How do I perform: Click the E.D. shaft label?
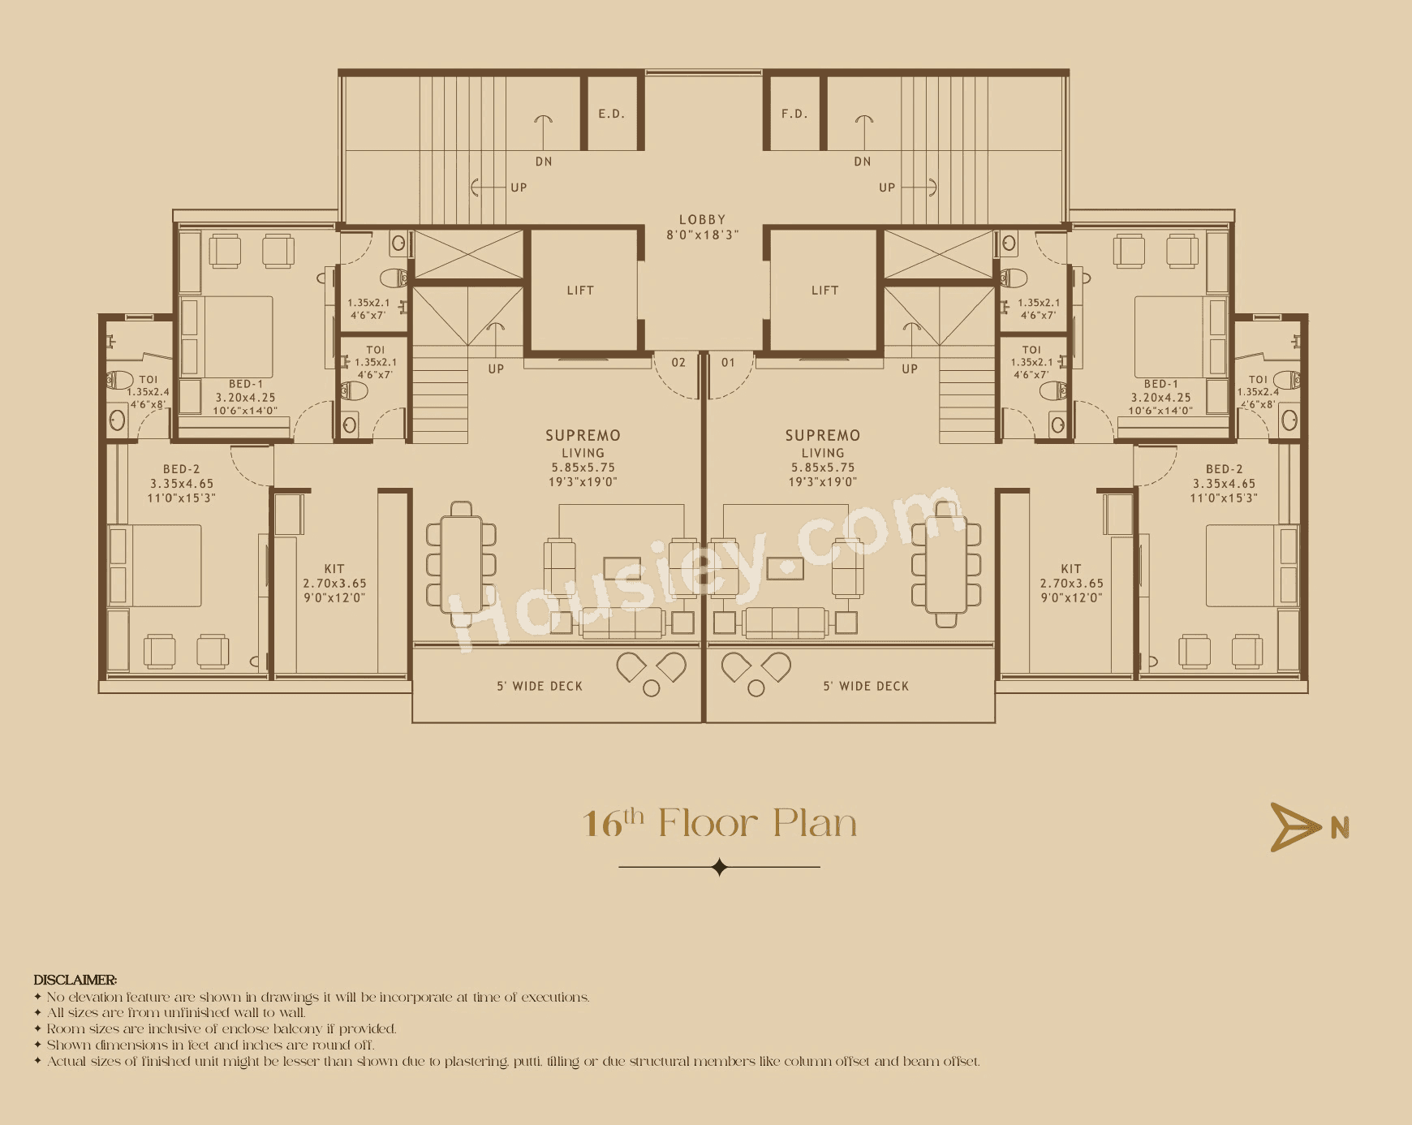point(611,114)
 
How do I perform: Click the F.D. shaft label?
point(794,114)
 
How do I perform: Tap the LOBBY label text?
point(702,220)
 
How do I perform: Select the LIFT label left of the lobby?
point(580,291)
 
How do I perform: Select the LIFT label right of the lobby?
point(824,291)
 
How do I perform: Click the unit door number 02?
point(678,363)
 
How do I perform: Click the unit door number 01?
point(728,363)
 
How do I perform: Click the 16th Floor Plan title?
point(719,823)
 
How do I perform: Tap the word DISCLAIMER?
point(75,980)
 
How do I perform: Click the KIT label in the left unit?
point(334,569)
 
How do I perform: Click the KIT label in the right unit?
point(1071,569)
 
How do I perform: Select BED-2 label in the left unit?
point(181,469)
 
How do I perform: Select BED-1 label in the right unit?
point(1160,384)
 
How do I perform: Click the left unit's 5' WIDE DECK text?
point(540,687)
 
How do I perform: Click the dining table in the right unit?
point(946,564)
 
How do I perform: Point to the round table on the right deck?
point(756,688)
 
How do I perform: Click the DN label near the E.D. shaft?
point(544,162)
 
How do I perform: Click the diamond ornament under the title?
point(719,867)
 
